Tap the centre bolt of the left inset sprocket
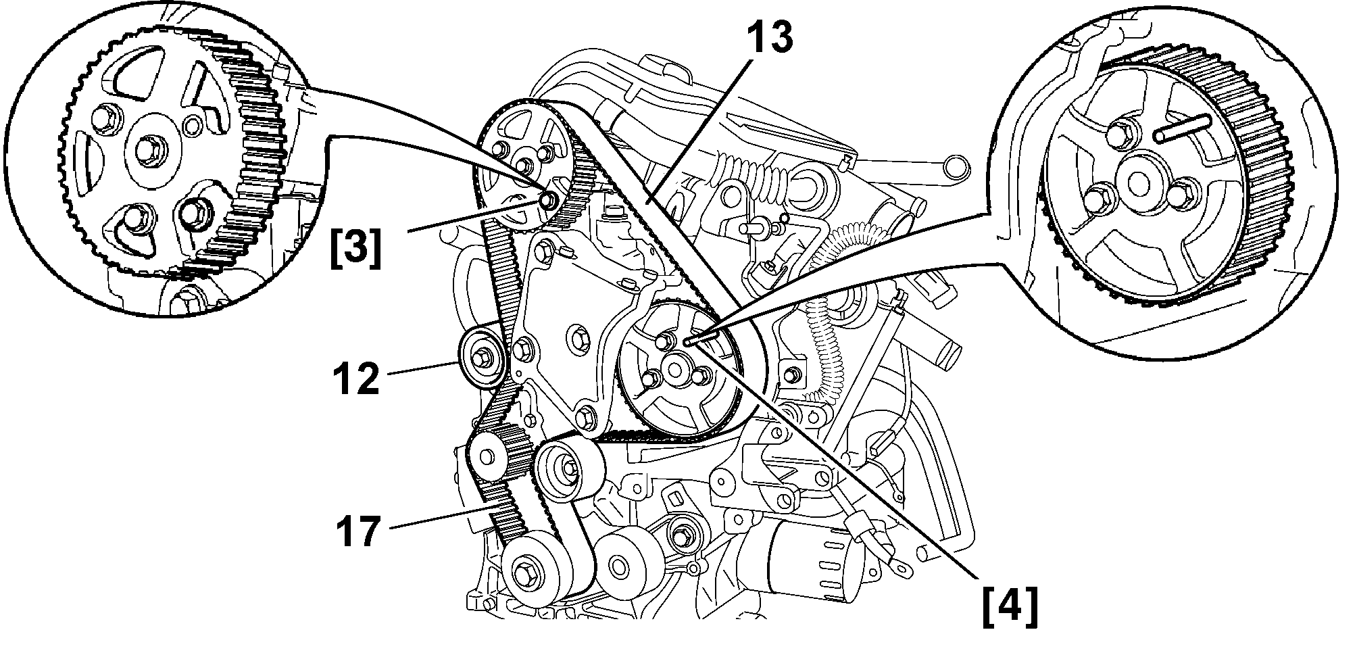[149, 145]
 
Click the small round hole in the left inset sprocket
[193, 125]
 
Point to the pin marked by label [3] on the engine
[547, 199]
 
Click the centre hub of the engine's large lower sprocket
[673, 368]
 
